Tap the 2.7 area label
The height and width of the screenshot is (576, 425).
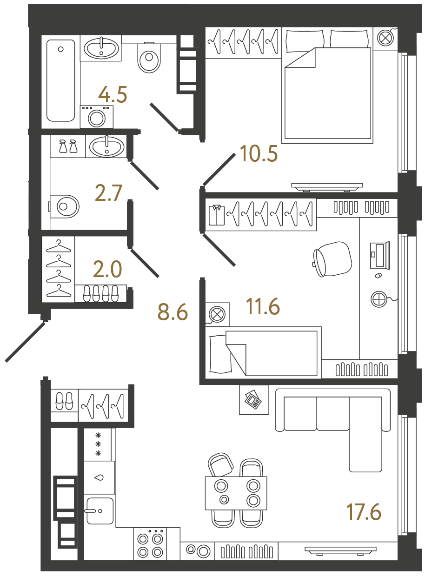pyautogui.click(x=108, y=193)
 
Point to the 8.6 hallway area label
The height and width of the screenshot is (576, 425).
pyautogui.click(x=173, y=312)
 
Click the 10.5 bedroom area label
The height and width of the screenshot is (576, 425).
pyautogui.click(x=259, y=153)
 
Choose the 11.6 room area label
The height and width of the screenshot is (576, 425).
pyautogui.click(x=263, y=307)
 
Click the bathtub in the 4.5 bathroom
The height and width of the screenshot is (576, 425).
pyautogui.click(x=60, y=80)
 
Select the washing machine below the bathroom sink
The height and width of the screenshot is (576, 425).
pyautogui.click(x=97, y=116)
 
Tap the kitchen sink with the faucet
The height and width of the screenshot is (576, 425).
pyautogui.click(x=99, y=510)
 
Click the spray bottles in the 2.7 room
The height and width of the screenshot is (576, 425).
pyautogui.click(x=68, y=147)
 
